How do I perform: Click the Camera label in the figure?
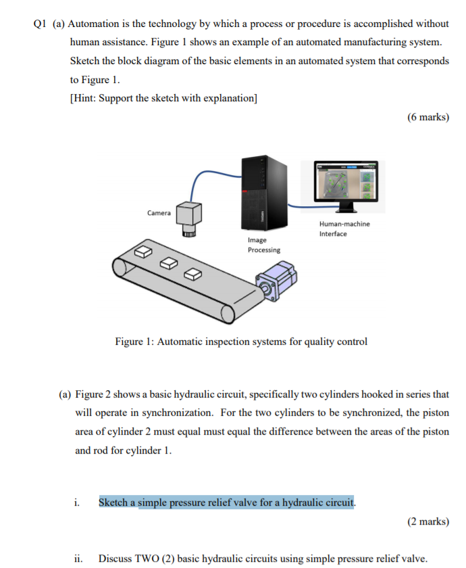point(159,213)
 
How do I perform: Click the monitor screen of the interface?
point(347,181)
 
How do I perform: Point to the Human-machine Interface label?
point(344,229)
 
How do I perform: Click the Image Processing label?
point(263,245)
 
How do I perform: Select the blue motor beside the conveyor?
point(280,281)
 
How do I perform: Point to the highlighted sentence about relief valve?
point(227,502)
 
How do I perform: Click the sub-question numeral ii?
point(78,559)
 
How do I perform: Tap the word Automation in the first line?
point(93,24)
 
